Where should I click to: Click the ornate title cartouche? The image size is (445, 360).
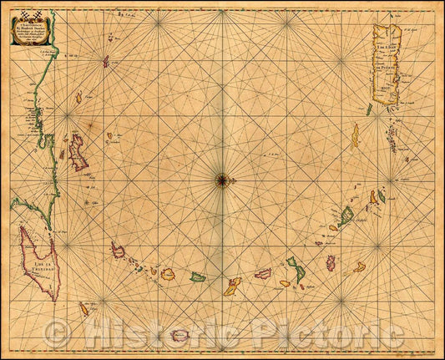(32, 33)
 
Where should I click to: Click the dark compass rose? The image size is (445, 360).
(223, 177)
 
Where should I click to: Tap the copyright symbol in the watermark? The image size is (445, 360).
(57, 335)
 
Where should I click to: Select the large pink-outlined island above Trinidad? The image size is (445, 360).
(78, 152)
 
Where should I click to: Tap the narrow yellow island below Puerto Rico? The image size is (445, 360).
(354, 135)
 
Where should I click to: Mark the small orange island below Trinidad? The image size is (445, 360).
(83, 309)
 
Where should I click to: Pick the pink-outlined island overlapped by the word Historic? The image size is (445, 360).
(180, 336)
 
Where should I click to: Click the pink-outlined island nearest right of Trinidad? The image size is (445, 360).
(118, 250)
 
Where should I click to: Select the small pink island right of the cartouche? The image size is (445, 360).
(106, 61)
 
